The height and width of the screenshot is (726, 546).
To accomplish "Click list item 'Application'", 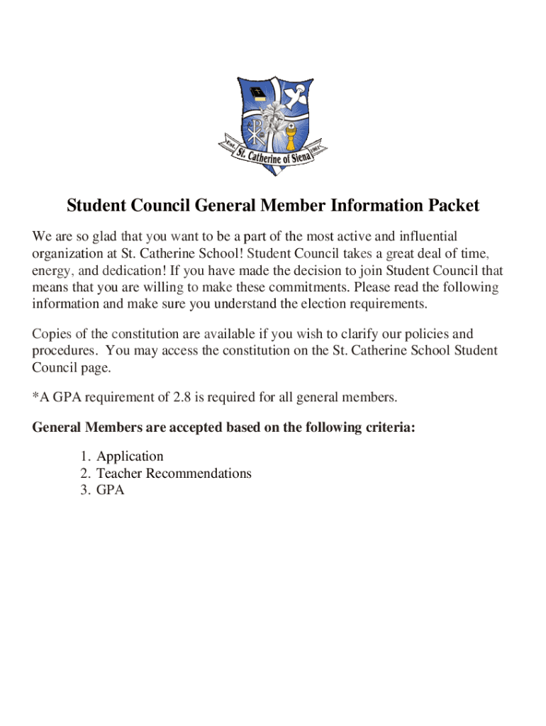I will coord(130,456).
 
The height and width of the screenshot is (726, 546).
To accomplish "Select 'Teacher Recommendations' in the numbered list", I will coord(174,473).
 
